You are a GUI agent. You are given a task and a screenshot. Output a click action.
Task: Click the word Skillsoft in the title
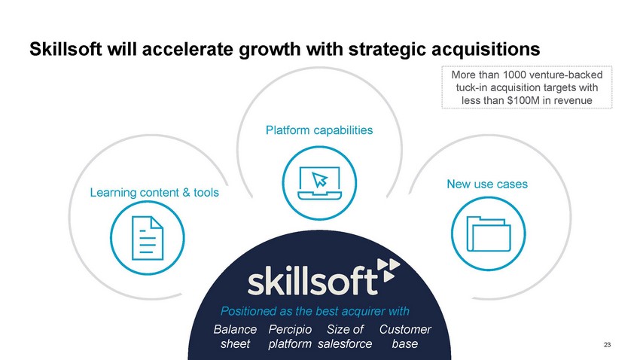pos(66,50)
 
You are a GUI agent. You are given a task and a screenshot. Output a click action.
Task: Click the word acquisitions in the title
pos(486,50)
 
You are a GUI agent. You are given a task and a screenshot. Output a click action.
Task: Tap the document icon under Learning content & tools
pos(148,238)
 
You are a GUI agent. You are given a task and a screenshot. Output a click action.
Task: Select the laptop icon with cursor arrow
pos(319,183)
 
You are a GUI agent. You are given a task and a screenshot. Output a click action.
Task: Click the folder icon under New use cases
pos(489,234)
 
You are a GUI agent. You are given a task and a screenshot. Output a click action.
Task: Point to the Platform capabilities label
pos(319,130)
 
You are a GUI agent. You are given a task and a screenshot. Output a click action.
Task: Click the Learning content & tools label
pos(154,192)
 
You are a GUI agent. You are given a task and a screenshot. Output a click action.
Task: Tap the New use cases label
pos(487,184)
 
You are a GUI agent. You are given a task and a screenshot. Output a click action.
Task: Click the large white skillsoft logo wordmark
pos(312,281)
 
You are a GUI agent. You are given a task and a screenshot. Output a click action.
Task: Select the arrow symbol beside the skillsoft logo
pos(389,270)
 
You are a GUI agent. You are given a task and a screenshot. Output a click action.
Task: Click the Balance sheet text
pos(235,337)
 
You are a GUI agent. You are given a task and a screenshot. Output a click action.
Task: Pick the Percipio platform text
pos(290,337)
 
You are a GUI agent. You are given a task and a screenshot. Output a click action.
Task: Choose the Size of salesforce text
pos(345,337)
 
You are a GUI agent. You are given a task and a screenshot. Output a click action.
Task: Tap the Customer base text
pos(405,337)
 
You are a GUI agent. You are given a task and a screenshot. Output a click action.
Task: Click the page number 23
pos(607,345)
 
